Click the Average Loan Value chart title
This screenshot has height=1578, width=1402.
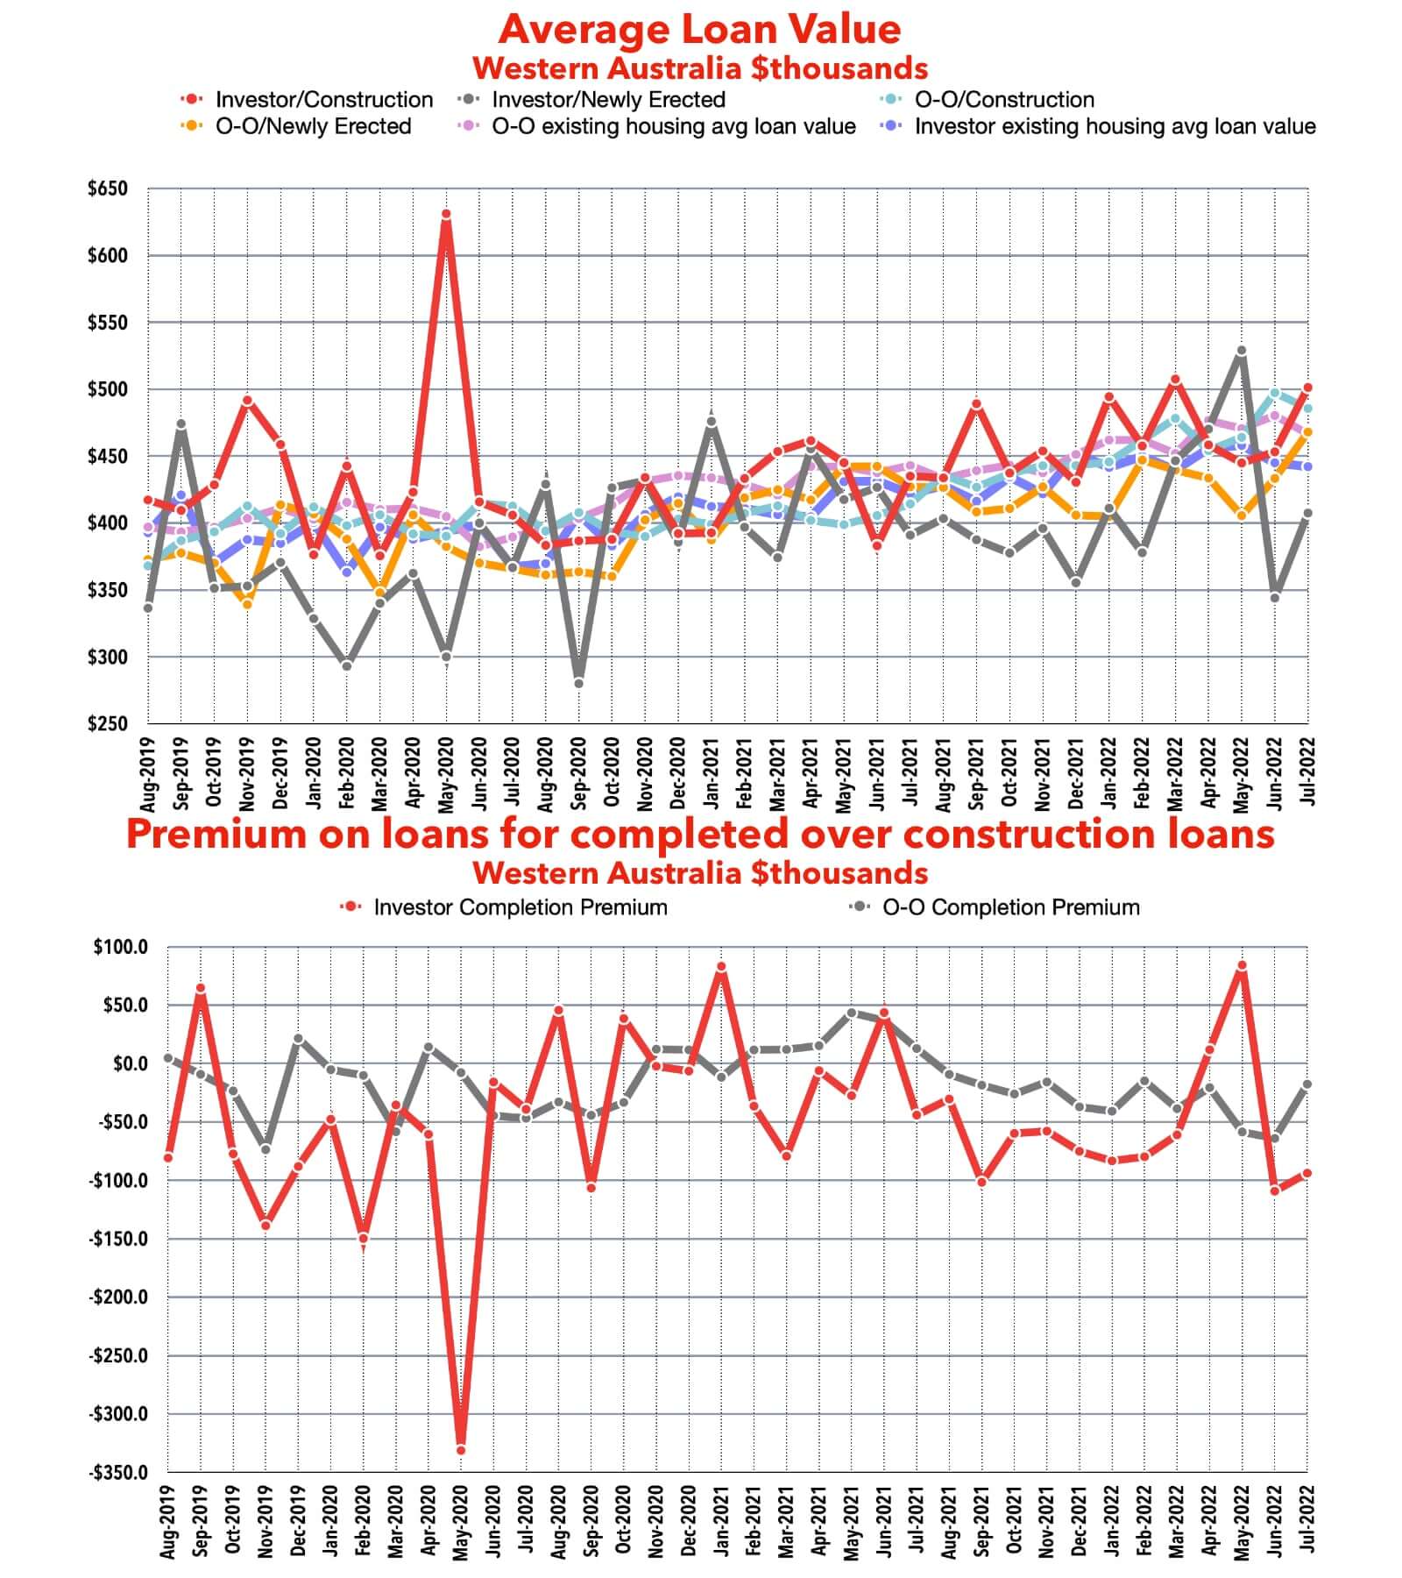[699, 30]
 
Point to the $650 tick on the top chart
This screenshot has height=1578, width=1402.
[107, 188]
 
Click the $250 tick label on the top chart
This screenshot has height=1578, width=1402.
[107, 724]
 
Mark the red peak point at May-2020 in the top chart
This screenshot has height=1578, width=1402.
[446, 215]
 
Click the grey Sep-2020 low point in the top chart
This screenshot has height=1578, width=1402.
[578, 683]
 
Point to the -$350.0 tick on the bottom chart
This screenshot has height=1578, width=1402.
[118, 1472]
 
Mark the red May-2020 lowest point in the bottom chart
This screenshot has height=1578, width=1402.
[461, 1450]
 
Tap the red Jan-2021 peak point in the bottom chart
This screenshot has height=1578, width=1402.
[721, 967]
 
